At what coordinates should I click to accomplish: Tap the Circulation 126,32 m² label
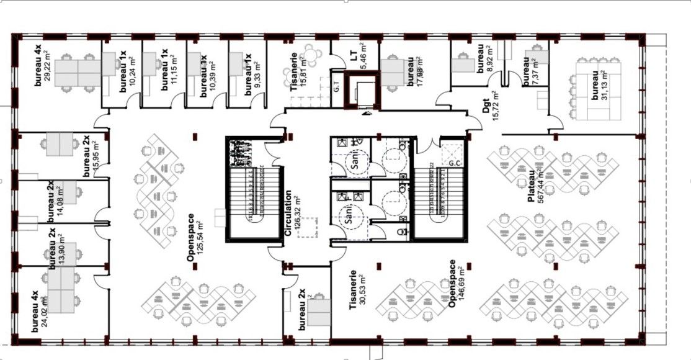click(x=292, y=213)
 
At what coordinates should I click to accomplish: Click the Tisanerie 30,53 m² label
click(x=357, y=290)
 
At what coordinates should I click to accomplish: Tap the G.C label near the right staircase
click(x=455, y=163)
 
